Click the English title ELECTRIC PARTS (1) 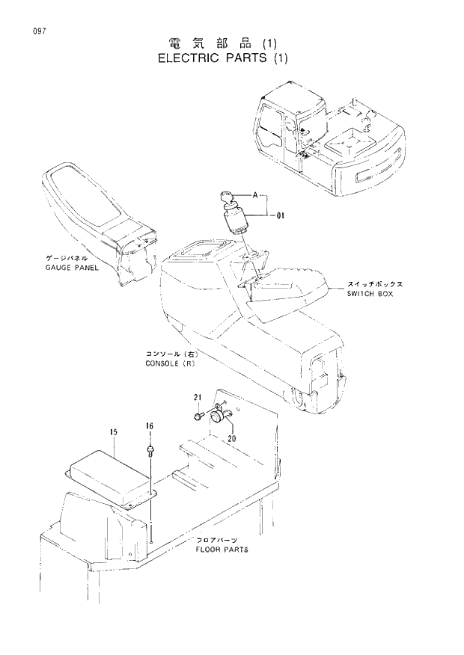click(x=222, y=58)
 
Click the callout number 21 click(x=198, y=396)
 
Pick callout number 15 click(x=114, y=432)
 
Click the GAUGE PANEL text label click(x=72, y=266)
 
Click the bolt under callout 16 click(x=150, y=451)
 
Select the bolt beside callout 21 click(x=199, y=414)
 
